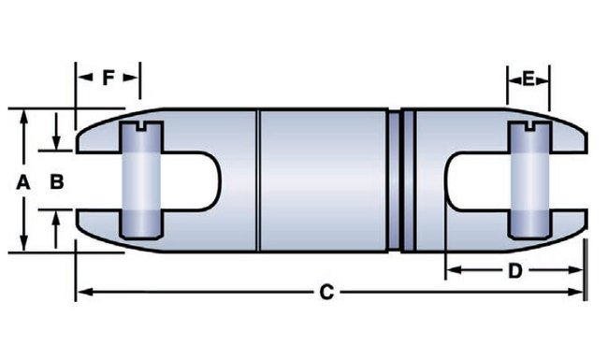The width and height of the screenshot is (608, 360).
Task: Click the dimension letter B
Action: point(56,183)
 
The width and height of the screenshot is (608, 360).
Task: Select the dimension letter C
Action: point(326,293)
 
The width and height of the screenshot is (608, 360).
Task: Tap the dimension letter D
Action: point(514,271)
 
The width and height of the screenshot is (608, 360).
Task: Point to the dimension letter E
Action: point(528,80)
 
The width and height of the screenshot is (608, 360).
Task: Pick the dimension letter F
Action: point(109,79)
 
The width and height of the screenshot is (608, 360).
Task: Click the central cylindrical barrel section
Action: point(322,180)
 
